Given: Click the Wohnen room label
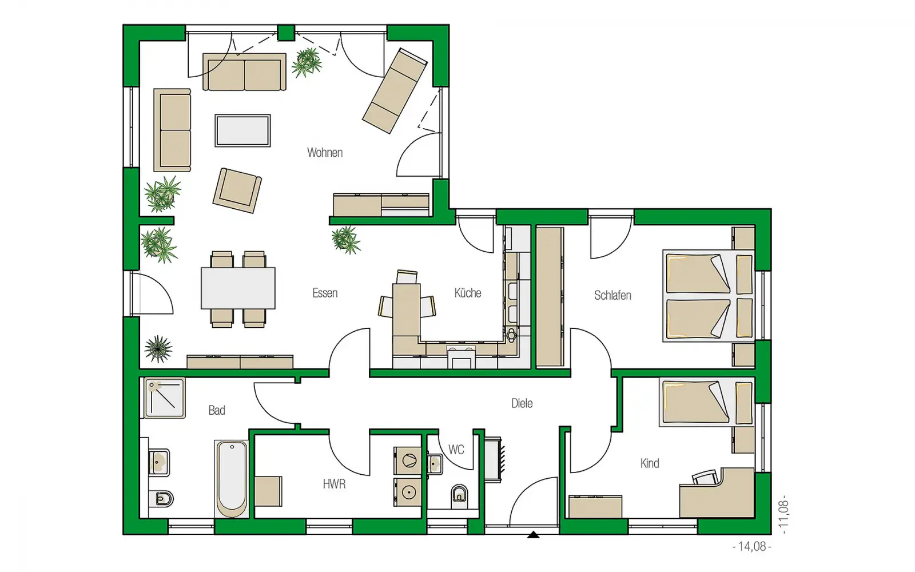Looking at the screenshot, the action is click(325, 152).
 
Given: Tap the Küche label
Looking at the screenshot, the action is click(468, 292).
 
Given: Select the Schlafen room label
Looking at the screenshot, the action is click(612, 295).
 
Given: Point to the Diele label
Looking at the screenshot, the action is click(522, 403).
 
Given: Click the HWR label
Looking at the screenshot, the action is click(334, 484).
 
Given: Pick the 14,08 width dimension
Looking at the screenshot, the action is click(752, 546).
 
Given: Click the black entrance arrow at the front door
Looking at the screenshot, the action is click(533, 534).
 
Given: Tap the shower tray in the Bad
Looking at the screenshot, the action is click(164, 398).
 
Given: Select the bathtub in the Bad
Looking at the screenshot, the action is click(232, 478).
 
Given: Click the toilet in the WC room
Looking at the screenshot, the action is click(460, 494).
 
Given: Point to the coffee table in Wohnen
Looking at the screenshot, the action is click(242, 130).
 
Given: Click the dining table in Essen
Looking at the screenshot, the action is click(238, 288).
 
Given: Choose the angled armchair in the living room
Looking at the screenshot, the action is click(237, 190).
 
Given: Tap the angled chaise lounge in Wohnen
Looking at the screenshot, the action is click(395, 91).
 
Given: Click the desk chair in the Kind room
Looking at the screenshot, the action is click(705, 477).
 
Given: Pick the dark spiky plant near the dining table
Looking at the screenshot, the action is click(158, 348).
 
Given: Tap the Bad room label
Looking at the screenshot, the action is click(217, 410).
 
